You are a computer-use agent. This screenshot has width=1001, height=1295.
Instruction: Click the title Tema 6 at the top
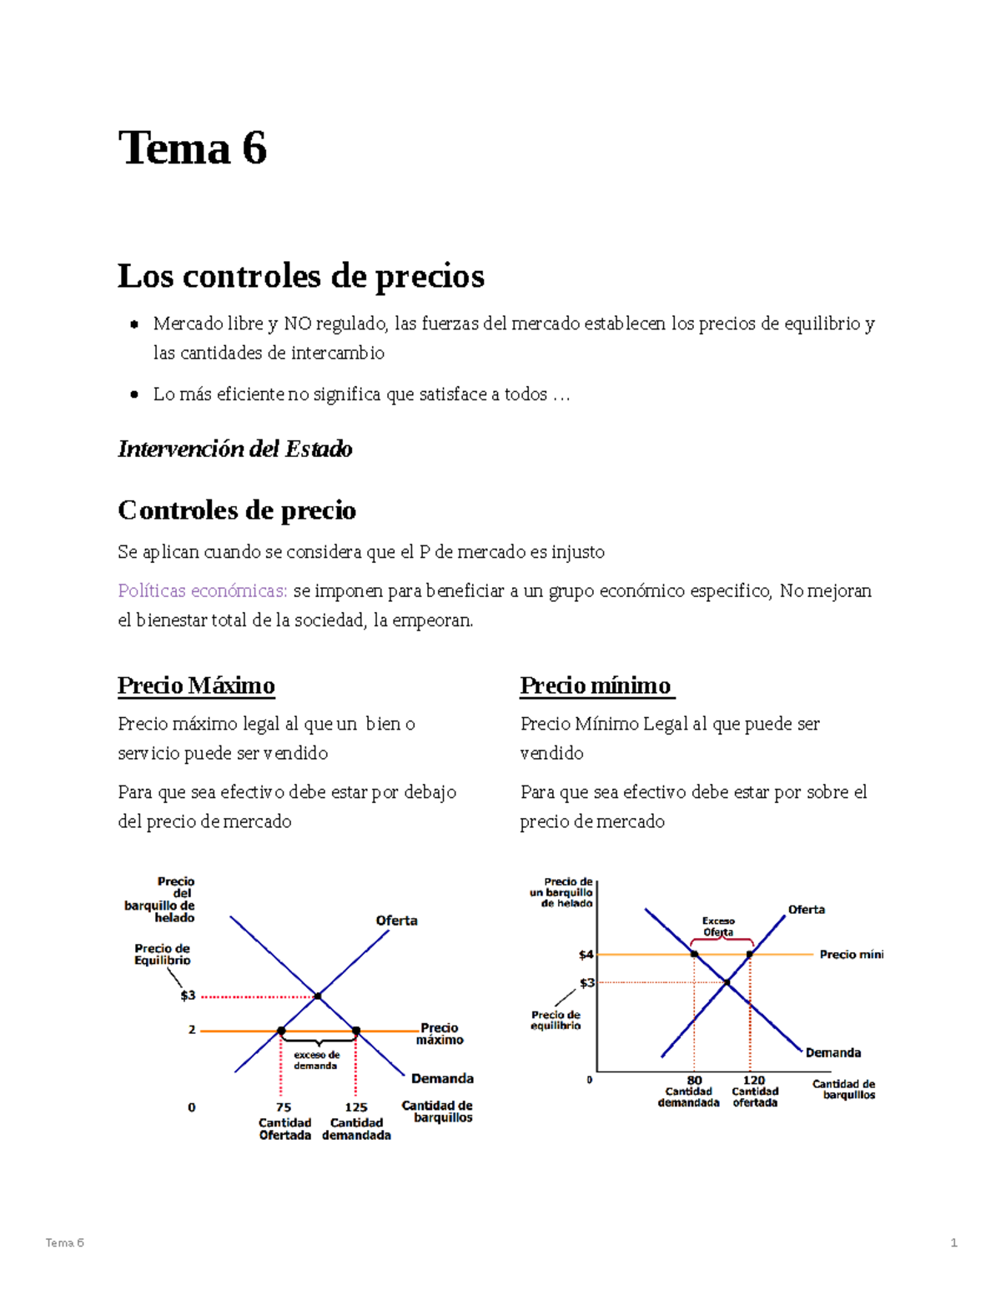tap(193, 148)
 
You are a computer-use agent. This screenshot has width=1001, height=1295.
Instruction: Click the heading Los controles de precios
tap(300, 276)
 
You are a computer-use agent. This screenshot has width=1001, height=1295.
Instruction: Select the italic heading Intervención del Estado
tap(234, 449)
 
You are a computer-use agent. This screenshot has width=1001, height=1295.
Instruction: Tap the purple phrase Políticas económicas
tap(203, 590)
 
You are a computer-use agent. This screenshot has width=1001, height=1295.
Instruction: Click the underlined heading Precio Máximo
tap(196, 685)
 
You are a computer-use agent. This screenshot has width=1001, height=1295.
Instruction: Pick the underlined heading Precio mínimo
tap(596, 685)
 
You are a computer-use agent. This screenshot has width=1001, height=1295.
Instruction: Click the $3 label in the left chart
tap(188, 996)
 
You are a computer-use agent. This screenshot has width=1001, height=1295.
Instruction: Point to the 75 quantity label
tap(284, 1107)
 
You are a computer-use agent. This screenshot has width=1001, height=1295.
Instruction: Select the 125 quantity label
tap(356, 1107)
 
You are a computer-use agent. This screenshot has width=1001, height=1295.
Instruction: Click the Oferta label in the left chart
tap(396, 921)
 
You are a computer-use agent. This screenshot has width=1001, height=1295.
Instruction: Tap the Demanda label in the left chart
tap(442, 1078)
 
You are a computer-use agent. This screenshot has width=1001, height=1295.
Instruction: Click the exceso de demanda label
tap(316, 1060)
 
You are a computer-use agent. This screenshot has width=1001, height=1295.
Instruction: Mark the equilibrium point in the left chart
tap(318, 996)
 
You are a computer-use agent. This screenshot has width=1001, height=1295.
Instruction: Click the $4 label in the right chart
tap(586, 955)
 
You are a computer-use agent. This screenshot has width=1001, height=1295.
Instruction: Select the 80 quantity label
tap(694, 1081)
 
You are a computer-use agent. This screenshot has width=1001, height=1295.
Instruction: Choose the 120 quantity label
tap(754, 1081)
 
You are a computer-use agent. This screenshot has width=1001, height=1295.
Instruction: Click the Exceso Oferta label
tap(718, 926)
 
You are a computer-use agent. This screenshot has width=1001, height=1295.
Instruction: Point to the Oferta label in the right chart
tap(806, 910)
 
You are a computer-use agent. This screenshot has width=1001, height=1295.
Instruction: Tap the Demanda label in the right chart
tap(832, 1053)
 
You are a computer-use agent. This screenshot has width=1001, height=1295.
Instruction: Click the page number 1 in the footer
tap(953, 1242)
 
